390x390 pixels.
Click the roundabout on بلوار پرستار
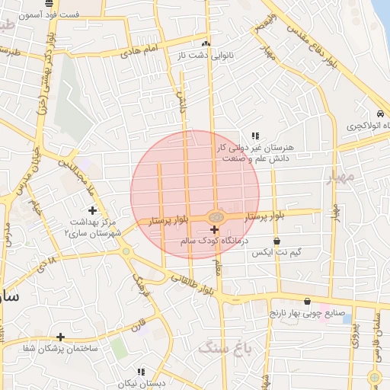coord(216,217)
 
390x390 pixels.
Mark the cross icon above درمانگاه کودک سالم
coord(214,229)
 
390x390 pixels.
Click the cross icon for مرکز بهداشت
coord(93,210)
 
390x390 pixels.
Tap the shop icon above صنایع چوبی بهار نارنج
coord(307,301)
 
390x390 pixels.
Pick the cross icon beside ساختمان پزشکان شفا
coord(60,337)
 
